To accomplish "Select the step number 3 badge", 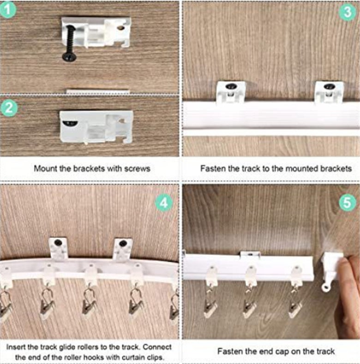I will coord(347,12).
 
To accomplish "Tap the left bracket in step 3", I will coord(230,91).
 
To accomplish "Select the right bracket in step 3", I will coord(329,91).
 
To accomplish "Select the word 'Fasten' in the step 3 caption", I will coord(212,168).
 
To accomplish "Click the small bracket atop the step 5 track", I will coord(250,254).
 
